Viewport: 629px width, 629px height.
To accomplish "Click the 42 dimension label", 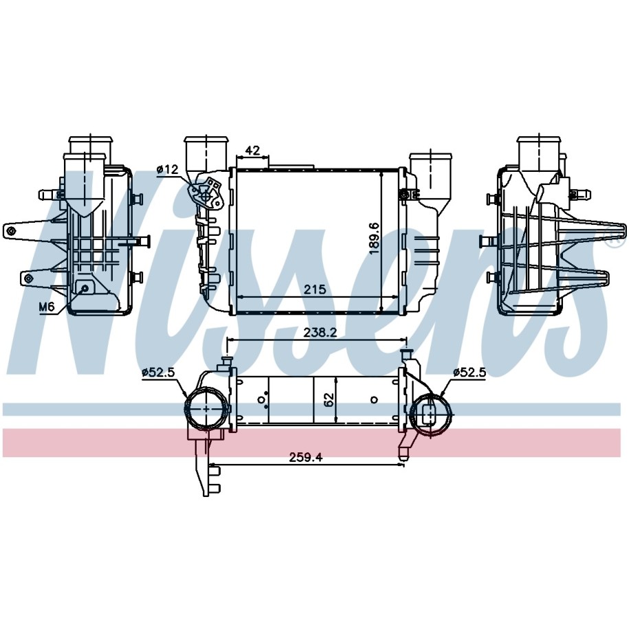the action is click(252, 151).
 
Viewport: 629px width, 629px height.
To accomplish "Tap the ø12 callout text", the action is click(167, 169).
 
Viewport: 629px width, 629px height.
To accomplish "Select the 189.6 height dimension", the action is click(374, 239).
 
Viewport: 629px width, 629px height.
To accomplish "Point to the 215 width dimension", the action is click(315, 289).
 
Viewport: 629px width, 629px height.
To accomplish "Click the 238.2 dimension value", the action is click(320, 332).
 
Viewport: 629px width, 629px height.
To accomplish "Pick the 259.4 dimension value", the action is click(306, 457).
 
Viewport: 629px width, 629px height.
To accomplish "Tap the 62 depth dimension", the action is click(329, 400).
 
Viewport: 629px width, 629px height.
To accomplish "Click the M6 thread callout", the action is click(47, 307).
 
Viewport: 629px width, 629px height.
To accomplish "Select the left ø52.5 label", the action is click(159, 373).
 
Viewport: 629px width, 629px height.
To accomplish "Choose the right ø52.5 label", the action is click(470, 373).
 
